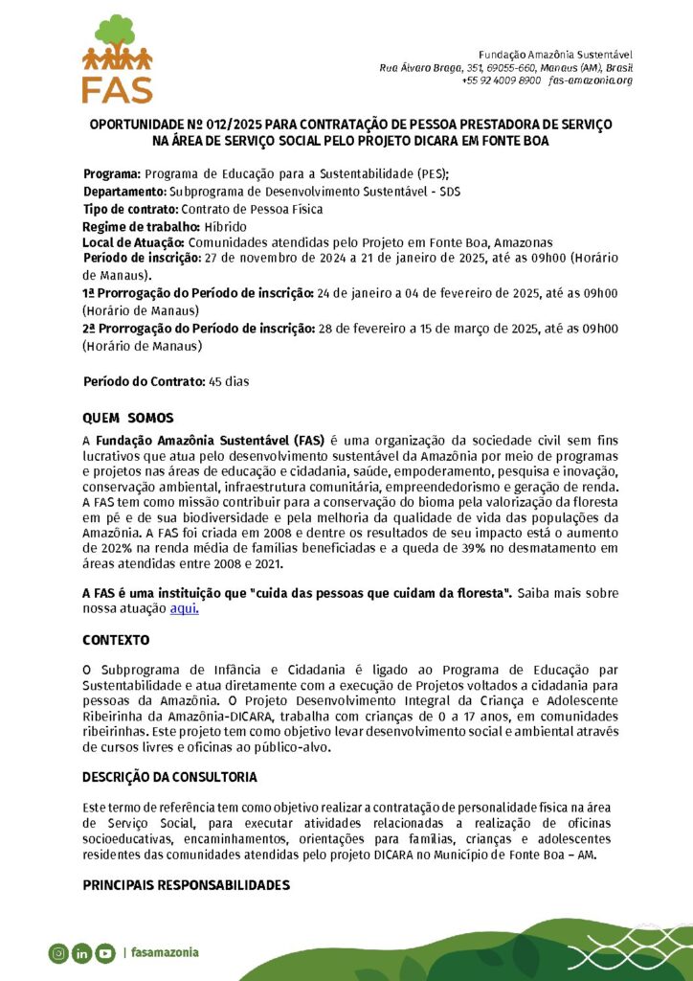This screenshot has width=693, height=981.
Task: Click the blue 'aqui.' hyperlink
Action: point(184,608)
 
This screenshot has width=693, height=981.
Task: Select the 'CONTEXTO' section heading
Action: point(115,638)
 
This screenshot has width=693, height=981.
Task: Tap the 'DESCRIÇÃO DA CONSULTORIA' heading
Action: point(169,776)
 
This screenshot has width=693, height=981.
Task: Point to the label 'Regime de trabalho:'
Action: point(141,226)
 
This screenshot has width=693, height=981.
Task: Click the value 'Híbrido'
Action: point(225,226)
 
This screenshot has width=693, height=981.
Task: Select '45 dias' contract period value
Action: point(229,381)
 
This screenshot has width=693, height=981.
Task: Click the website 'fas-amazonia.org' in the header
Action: point(591,80)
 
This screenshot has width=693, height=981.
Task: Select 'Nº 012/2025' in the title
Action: point(200,125)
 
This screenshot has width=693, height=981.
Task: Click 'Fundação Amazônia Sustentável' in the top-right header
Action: point(555,54)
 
